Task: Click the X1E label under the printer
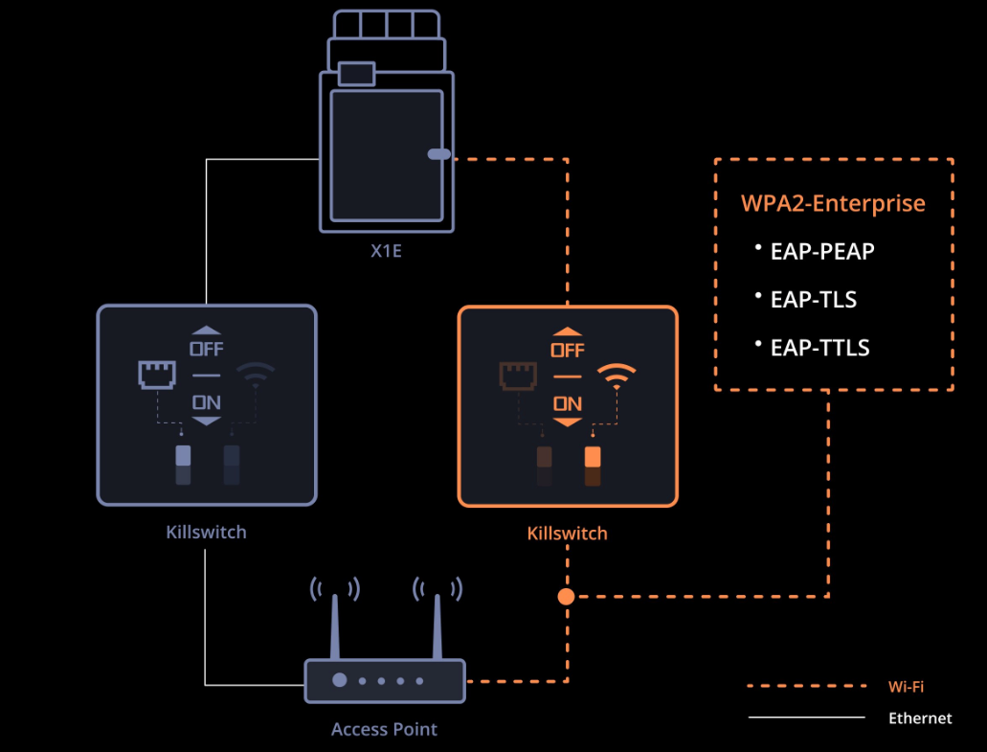[386, 251]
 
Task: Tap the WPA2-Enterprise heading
[833, 203]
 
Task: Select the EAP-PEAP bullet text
[822, 251]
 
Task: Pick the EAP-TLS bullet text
[814, 299]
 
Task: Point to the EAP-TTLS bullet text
[819, 348]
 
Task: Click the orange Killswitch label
[567, 534]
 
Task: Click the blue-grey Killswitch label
[206, 533]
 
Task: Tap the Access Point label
[384, 729]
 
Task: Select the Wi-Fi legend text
[906, 687]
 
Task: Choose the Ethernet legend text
[920, 718]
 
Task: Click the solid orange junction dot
[566, 597]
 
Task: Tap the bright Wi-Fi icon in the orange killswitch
[617, 376]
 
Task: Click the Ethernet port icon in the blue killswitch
[157, 375]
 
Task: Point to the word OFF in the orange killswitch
[567, 351]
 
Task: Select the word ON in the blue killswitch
[207, 402]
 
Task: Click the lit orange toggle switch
[593, 457]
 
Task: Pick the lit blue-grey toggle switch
[183, 455]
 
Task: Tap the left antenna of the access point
[335, 627]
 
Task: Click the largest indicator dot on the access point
[339, 680]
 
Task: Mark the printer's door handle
[438, 154]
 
